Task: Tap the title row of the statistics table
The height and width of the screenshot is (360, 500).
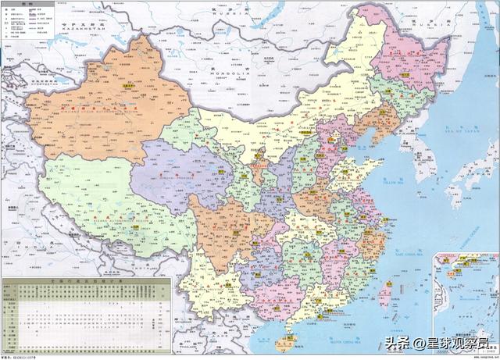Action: tap(85, 280)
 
